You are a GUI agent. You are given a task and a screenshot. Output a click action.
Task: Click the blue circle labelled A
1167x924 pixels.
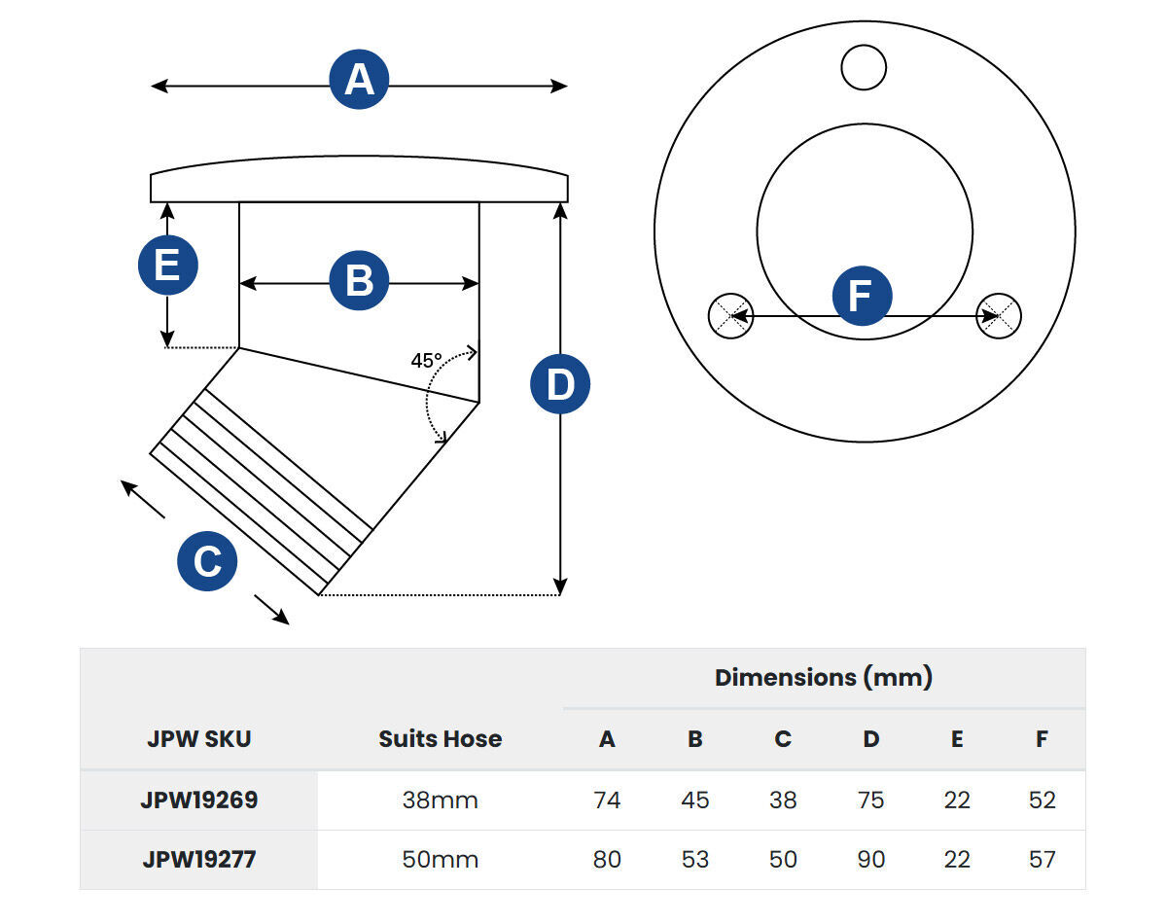pyautogui.click(x=359, y=80)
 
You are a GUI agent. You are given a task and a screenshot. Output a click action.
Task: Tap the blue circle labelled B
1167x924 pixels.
pyautogui.click(x=359, y=281)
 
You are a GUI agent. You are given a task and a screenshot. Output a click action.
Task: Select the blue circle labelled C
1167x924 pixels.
pyautogui.click(x=207, y=561)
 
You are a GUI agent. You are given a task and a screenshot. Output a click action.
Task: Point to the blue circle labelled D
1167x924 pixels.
pyautogui.click(x=560, y=385)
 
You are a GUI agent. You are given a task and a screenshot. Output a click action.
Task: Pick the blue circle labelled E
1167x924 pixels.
pyautogui.click(x=167, y=265)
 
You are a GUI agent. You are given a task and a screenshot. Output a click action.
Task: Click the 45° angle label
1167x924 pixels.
pyautogui.click(x=426, y=361)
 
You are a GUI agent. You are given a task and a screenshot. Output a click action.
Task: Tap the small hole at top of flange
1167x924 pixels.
pyautogui.click(x=864, y=68)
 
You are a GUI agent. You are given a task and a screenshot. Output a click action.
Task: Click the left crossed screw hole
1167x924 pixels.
pyautogui.click(x=729, y=315)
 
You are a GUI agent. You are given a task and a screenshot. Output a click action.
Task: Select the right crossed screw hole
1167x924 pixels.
pyautogui.click(x=999, y=315)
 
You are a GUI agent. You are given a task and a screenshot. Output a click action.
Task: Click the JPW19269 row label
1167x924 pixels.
pyautogui.click(x=199, y=800)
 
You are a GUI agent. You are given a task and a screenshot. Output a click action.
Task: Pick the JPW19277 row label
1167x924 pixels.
pyautogui.click(x=199, y=860)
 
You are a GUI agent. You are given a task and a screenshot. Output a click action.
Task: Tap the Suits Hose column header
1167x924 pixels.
pyautogui.click(x=441, y=739)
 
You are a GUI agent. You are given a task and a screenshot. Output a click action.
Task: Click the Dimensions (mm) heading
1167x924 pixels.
pyautogui.click(x=824, y=678)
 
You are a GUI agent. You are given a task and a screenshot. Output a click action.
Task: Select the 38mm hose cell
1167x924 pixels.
pyautogui.click(x=441, y=800)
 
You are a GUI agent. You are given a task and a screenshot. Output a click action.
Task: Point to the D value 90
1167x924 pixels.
pyautogui.click(x=870, y=860)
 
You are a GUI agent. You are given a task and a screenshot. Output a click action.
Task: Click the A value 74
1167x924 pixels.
pyautogui.click(x=607, y=800)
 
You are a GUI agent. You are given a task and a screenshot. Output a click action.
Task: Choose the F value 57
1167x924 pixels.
pyautogui.click(x=1042, y=860)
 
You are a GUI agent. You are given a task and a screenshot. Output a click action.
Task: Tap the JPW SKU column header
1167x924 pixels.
pyautogui.click(x=199, y=739)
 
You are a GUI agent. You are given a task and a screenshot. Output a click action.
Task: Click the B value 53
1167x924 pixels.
pyautogui.click(x=695, y=860)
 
